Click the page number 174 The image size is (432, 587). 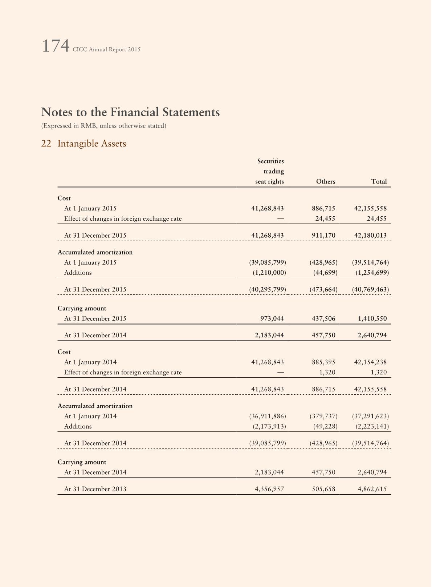point(56,46)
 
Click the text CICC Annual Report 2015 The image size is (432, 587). point(106,49)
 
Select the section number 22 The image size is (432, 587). point(46,144)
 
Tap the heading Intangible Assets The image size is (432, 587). point(92,144)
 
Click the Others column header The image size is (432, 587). point(325,181)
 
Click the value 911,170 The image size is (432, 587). point(323,235)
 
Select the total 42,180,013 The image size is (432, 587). point(370,235)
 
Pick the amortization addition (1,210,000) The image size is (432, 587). point(269,272)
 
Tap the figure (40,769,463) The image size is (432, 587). point(370,289)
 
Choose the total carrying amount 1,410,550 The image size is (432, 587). point(372,318)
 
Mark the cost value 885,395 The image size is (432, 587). point(323,362)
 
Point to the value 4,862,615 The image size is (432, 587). point(372,489)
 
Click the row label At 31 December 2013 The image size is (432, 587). point(95,489)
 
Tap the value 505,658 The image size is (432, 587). point(323,489)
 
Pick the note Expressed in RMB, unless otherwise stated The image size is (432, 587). point(104,126)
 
